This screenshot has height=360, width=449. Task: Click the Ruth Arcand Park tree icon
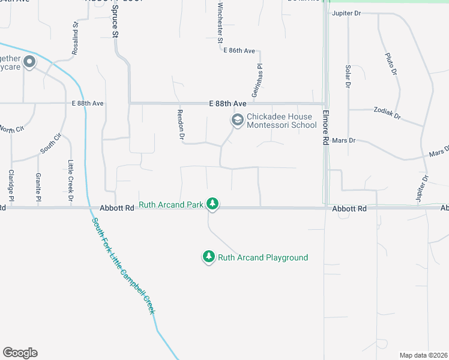(212, 205)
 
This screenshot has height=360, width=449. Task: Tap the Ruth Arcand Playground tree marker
(208, 257)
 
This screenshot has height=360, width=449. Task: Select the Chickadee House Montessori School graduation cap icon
(238, 121)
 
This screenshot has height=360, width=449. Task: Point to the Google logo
(20, 353)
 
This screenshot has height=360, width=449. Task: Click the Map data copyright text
(424, 355)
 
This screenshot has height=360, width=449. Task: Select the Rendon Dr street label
(180, 125)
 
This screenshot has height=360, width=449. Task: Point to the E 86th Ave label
(240, 50)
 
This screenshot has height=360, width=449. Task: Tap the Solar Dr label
(348, 77)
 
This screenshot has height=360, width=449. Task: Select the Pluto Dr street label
(391, 64)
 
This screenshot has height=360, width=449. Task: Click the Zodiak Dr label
(386, 115)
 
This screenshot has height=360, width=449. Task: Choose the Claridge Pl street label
(11, 185)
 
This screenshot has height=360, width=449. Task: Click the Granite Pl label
(38, 187)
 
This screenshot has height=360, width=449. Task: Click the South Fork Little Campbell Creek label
(122, 265)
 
